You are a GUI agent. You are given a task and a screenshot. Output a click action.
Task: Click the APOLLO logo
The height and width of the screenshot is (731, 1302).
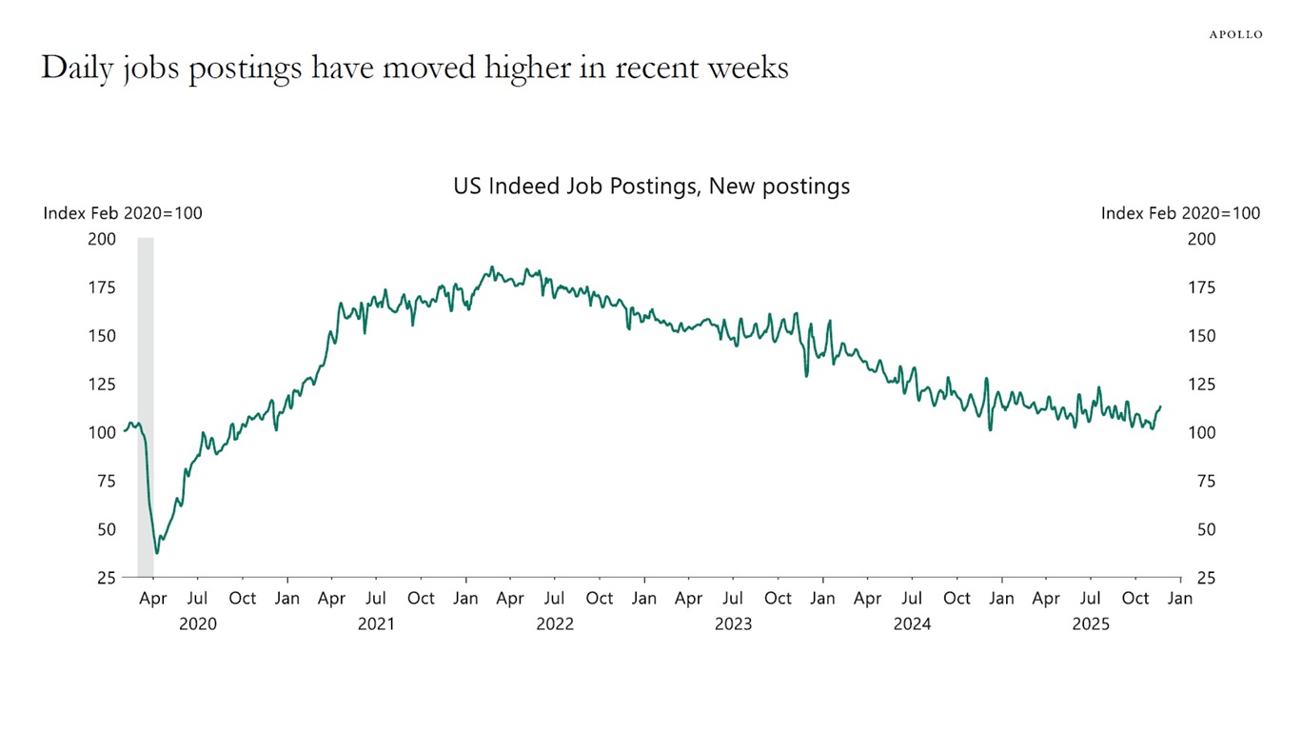click(x=1235, y=34)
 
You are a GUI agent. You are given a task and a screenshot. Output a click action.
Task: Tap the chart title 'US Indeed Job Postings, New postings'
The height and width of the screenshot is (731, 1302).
click(x=651, y=187)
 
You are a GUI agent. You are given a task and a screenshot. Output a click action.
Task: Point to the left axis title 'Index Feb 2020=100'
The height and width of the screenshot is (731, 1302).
click(x=123, y=213)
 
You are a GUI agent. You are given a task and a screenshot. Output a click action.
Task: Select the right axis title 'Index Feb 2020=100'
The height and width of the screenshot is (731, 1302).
click(x=1180, y=213)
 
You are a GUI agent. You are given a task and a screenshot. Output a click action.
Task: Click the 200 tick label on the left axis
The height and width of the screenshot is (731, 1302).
click(x=102, y=239)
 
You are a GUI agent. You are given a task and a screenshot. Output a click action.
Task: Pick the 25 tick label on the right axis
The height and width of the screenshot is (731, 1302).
click(x=1206, y=578)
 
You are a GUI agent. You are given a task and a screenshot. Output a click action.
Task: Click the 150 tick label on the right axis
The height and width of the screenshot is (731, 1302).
click(x=1201, y=336)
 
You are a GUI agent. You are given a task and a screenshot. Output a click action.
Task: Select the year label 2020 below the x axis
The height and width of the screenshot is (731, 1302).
click(x=198, y=624)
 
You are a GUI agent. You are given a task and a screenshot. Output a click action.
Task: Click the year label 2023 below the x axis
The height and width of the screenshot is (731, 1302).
click(x=733, y=624)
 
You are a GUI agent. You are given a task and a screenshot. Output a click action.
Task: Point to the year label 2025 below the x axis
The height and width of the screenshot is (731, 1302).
click(x=1091, y=624)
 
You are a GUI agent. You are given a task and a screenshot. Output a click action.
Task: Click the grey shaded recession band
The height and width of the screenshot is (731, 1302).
click(x=146, y=400)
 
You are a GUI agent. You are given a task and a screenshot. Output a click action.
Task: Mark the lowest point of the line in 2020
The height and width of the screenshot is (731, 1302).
click(x=157, y=553)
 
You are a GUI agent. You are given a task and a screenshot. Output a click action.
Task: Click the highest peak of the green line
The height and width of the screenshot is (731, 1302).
click(x=492, y=267)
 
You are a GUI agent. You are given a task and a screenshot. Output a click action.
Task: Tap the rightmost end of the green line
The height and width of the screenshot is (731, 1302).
click(x=1160, y=406)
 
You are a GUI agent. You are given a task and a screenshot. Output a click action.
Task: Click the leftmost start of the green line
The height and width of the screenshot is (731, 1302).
click(x=125, y=431)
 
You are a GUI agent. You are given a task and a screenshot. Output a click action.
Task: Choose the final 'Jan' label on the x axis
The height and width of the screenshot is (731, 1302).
click(x=1179, y=599)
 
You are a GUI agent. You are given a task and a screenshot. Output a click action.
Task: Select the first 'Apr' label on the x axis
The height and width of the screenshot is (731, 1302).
click(x=152, y=599)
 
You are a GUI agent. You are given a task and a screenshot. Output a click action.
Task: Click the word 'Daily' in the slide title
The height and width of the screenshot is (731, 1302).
click(x=78, y=69)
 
